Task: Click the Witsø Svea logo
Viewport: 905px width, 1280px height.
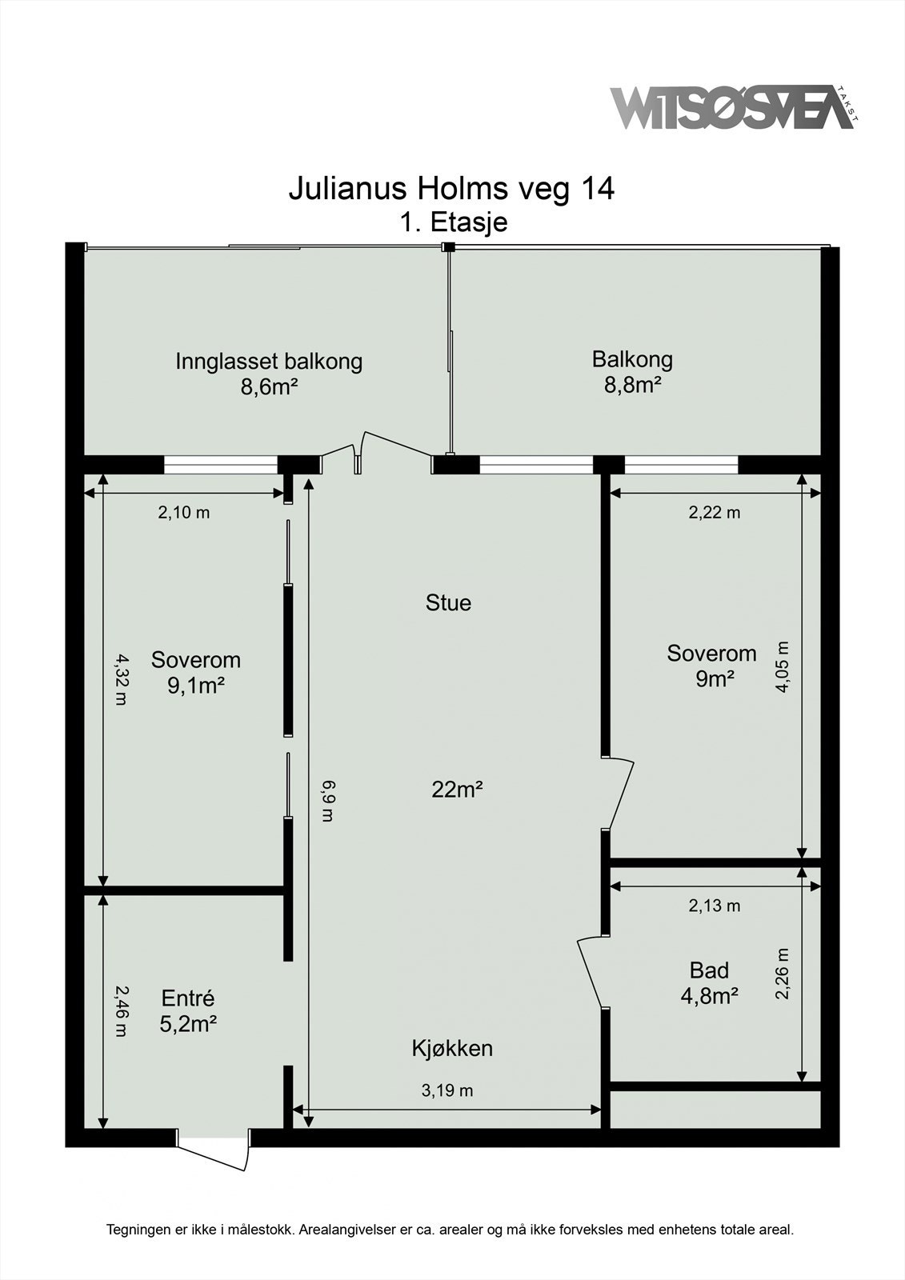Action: (x=735, y=107)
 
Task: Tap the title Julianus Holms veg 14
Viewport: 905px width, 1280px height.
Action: (x=451, y=189)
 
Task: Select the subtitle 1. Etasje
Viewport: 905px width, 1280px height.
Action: (x=454, y=222)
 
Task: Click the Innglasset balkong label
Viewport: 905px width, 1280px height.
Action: (x=269, y=362)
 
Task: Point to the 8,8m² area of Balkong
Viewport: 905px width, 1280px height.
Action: (x=632, y=386)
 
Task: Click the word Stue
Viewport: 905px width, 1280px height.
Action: (x=448, y=603)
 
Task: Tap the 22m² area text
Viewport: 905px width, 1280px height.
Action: (x=457, y=790)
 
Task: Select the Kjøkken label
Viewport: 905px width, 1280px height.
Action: (x=452, y=1049)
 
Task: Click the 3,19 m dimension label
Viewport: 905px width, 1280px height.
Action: (x=447, y=1091)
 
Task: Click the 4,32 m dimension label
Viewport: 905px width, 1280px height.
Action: (x=119, y=679)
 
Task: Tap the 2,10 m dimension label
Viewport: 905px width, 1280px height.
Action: (x=183, y=513)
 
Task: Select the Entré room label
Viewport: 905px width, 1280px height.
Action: (x=187, y=998)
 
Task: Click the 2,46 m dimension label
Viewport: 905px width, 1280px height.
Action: (x=119, y=1011)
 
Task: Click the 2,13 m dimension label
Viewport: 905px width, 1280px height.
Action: (x=714, y=906)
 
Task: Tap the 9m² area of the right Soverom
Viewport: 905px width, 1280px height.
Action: (x=715, y=678)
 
